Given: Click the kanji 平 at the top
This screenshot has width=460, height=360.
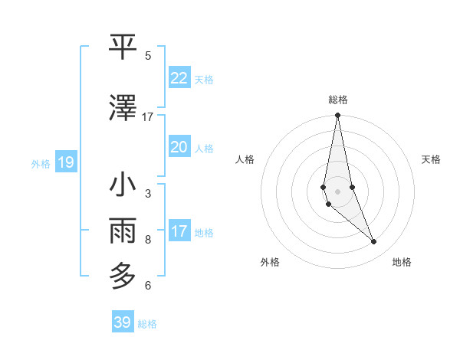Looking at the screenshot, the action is (123, 47).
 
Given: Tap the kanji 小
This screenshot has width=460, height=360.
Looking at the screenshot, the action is (123, 185).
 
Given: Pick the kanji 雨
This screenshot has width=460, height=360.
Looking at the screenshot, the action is (123, 229).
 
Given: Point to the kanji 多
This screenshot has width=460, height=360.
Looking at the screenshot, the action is (123, 274).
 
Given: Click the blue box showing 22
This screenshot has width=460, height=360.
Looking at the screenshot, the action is (179, 78).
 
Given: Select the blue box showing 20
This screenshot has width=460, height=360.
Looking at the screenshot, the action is (179, 147).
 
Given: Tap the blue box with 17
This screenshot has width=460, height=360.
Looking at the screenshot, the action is (179, 231).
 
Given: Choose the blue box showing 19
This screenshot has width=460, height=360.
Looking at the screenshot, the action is (65, 162).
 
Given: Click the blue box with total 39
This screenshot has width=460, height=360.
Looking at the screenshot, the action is (122, 322).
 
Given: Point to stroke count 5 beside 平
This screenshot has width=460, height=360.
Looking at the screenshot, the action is (148, 56).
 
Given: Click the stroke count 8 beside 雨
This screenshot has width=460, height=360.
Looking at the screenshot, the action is (148, 239).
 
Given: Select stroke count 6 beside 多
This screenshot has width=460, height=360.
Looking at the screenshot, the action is (148, 286).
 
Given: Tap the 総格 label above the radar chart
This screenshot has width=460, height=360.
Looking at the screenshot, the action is (337, 100).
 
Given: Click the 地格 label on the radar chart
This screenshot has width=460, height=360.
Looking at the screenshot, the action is (402, 262).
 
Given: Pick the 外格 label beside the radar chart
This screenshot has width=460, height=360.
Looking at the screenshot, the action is (270, 262).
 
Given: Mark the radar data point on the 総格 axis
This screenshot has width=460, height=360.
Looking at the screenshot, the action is (337, 115).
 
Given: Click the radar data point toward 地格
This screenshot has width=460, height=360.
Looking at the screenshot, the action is (374, 242).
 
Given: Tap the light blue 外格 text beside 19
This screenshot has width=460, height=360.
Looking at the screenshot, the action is (41, 163).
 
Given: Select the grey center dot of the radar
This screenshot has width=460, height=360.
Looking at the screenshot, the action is (337, 191).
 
